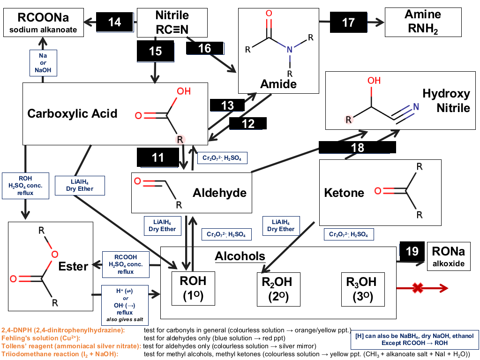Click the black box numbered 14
(x=115, y=22)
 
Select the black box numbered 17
(x=348, y=22)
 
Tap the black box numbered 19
(x=412, y=251)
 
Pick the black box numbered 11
(x=158, y=157)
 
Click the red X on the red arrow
(x=418, y=288)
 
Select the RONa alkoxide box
(x=449, y=256)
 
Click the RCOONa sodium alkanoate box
(x=44, y=22)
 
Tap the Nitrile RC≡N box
(x=172, y=22)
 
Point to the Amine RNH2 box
(x=423, y=22)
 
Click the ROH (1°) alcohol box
(x=193, y=288)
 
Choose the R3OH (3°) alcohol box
(x=363, y=289)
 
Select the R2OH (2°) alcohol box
(x=278, y=289)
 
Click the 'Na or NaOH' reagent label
(x=43, y=63)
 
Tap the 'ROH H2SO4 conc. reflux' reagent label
(x=25, y=186)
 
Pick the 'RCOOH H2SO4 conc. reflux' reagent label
(x=126, y=264)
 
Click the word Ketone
(x=344, y=193)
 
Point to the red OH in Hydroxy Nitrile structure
(x=374, y=81)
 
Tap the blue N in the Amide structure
(x=290, y=50)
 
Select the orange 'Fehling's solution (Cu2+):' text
(x=41, y=338)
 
